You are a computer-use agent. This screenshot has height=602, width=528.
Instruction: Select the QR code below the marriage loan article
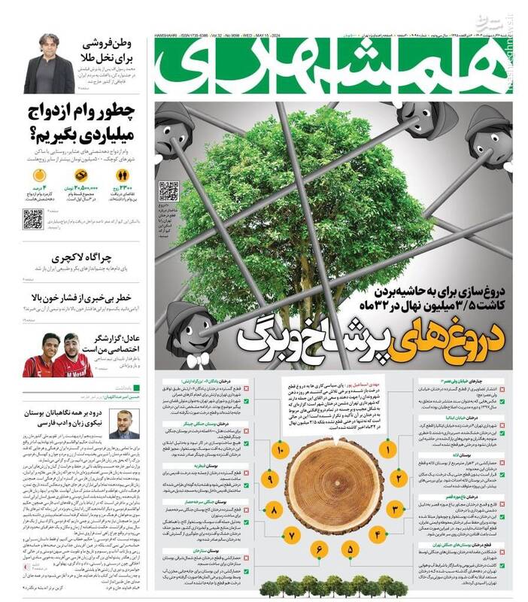[x=32, y=219]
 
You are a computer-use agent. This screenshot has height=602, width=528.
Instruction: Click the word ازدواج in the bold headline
[x=50, y=111]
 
